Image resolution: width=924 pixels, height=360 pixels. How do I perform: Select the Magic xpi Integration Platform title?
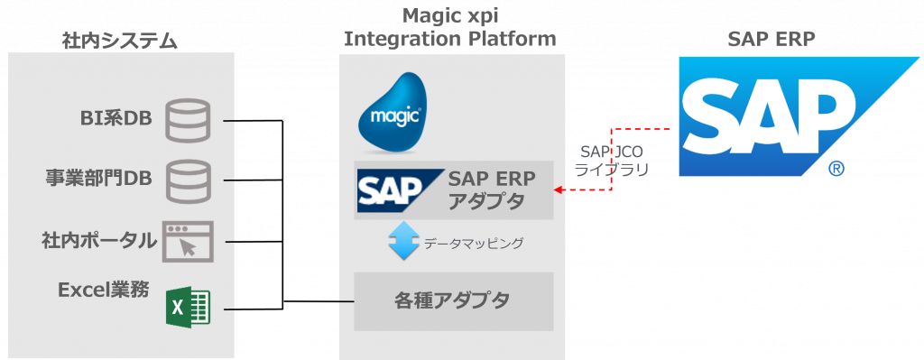pos(450,27)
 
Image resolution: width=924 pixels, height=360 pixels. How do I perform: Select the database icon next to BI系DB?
pos(188,120)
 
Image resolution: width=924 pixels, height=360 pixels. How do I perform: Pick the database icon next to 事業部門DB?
pos(188,180)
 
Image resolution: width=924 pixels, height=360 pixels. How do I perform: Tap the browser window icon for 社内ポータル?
pos(186,242)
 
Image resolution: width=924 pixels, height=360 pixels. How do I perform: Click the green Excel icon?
pos(189,308)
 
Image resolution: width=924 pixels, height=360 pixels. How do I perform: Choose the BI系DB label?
pos(115,118)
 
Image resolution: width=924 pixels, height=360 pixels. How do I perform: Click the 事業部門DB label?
pos(99,179)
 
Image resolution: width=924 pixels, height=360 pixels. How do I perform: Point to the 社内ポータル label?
pos(99,241)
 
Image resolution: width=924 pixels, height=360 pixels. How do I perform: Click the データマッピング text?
pos(474,244)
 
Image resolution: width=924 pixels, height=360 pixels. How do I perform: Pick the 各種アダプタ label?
pos(452,300)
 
